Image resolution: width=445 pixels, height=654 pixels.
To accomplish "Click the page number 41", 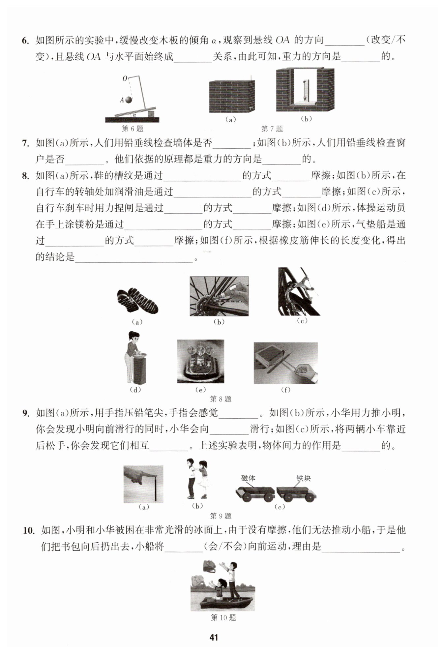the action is pyautogui.click(x=214, y=637).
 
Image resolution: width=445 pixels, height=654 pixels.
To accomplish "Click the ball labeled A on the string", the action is pyautogui.click(x=128, y=100).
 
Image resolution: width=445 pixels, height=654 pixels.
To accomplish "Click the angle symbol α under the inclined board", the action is pyautogui.click(x=134, y=115).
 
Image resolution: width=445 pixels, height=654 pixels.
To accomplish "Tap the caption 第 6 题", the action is pyautogui.click(x=133, y=129).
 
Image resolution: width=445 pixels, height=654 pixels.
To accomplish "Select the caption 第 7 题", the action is pyautogui.click(x=272, y=129).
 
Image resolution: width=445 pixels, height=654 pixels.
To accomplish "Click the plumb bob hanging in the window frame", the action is pyautogui.click(x=305, y=89).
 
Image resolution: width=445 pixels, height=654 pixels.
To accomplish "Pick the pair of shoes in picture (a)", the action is pyautogui.click(x=137, y=300).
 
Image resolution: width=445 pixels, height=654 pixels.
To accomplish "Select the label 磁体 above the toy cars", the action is pyautogui.click(x=248, y=478).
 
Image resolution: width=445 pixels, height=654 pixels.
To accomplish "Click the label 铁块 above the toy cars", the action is pyautogui.click(x=304, y=478).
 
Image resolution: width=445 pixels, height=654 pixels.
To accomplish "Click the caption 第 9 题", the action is pyautogui.click(x=221, y=516).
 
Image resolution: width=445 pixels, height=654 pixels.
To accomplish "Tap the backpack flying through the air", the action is pyautogui.click(x=209, y=566).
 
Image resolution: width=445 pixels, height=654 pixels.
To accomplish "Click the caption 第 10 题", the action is pyautogui.click(x=223, y=617).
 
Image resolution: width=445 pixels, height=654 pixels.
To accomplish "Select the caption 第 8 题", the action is pyautogui.click(x=221, y=399).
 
